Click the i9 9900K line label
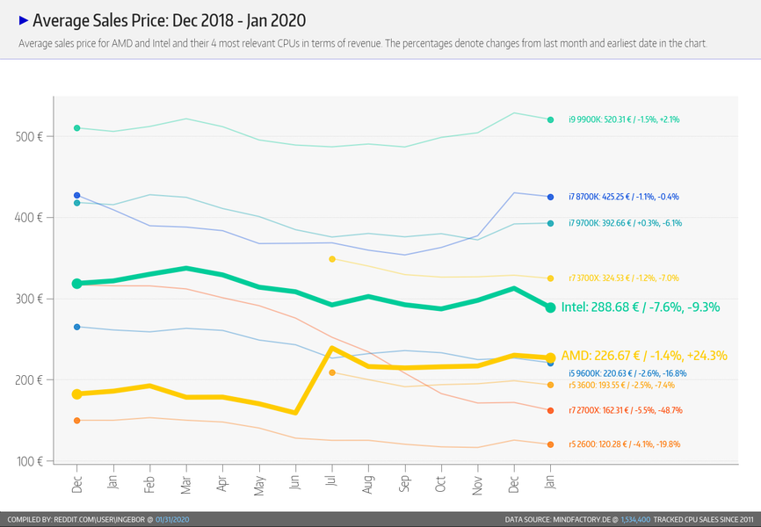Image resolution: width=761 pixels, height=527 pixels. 624,119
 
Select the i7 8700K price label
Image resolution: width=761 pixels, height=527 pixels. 624,197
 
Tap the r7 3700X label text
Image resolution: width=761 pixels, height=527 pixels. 624,278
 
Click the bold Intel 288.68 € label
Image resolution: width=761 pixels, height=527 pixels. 641,307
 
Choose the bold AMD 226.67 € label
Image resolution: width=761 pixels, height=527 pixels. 644,356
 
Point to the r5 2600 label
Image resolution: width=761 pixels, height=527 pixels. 624,444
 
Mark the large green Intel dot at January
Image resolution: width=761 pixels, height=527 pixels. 550,307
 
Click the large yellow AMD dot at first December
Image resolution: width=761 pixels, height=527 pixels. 77,394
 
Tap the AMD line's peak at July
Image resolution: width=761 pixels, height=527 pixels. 331,349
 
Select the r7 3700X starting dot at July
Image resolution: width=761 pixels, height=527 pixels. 331,259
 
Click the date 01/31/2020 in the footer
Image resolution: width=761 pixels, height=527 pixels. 172,520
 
